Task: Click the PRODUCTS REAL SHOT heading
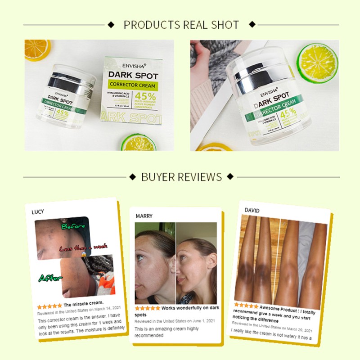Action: click(x=181, y=25)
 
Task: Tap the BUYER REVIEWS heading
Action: click(x=181, y=176)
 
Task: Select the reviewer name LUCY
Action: click(x=38, y=211)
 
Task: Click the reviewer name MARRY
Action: click(x=144, y=216)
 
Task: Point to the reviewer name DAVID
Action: click(x=252, y=210)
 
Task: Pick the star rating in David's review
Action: click(x=246, y=306)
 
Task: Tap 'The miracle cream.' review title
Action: click(x=84, y=302)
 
